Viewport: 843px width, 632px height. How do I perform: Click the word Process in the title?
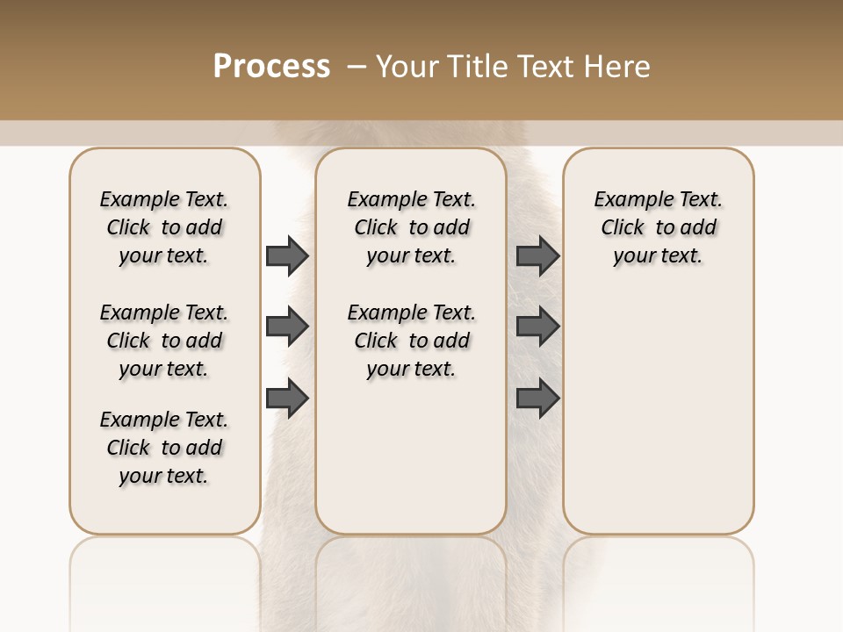(x=271, y=67)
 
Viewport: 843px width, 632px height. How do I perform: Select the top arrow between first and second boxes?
(x=287, y=255)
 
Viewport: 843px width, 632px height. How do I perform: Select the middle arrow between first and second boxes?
(x=287, y=327)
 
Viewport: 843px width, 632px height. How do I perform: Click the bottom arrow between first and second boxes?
(x=287, y=399)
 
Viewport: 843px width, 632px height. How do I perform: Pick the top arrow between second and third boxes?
(x=537, y=255)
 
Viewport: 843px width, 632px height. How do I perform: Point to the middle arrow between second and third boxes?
(x=537, y=327)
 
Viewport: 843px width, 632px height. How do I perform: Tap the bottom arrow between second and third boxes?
(x=537, y=399)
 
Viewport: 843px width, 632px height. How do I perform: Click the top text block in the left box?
(x=164, y=227)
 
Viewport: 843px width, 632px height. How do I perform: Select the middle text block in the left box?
(x=164, y=341)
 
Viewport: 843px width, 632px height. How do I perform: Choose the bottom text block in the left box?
(x=164, y=448)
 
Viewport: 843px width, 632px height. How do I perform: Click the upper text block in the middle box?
(x=411, y=227)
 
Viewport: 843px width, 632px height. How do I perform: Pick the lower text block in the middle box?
(x=411, y=341)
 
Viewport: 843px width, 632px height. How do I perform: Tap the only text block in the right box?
(x=659, y=227)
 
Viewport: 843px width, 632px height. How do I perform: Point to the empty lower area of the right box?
(x=659, y=413)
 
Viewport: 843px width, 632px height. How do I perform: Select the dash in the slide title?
(x=357, y=67)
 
